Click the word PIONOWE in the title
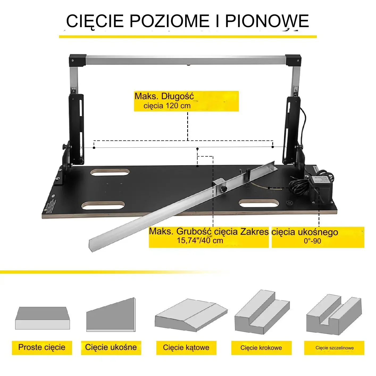click(267, 21)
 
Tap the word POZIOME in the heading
click(170, 21)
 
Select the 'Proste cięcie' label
click(42, 347)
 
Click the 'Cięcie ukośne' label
click(111, 347)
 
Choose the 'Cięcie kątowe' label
click(186, 347)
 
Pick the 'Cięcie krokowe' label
click(261, 348)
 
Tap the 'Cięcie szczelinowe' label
click(335, 348)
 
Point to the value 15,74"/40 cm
click(200, 241)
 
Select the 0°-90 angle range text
click(312, 241)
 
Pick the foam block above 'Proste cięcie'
click(43, 318)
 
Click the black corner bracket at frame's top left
click(77, 61)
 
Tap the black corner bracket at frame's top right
click(293, 61)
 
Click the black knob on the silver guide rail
click(224, 189)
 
